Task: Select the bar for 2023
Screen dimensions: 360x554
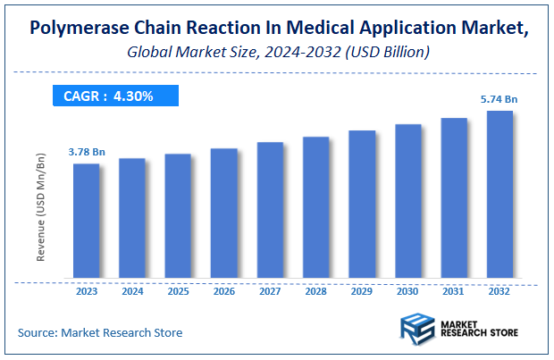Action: click(x=87, y=220)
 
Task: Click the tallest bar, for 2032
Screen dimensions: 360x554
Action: click(x=499, y=194)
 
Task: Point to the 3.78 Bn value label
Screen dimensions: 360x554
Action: click(x=87, y=153)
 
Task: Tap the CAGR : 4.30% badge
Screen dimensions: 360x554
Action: click(x=114, y=96)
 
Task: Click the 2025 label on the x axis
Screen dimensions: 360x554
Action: click(x=178, y=290)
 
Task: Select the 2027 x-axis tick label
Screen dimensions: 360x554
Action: click(x=270, y=290)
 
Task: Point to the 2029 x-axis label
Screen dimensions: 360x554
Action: click(x=362, y=290)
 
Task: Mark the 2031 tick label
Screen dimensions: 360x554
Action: click(x=454, y=290)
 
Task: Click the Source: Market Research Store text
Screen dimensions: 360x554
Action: click(x=100, y=332)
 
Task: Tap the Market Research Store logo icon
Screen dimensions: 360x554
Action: click(x=416, y=330)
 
